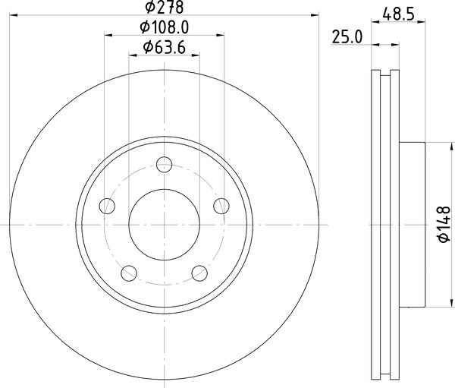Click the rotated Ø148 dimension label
(x=443, y=226)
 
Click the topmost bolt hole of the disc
(x=165, y=163)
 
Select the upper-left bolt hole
(x=108, y=206)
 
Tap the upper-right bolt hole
(x=221, y=206)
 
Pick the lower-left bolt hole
(x=129, y=273)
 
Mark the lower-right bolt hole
(x=200, y=273)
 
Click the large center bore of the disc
(x=165, y=225)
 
